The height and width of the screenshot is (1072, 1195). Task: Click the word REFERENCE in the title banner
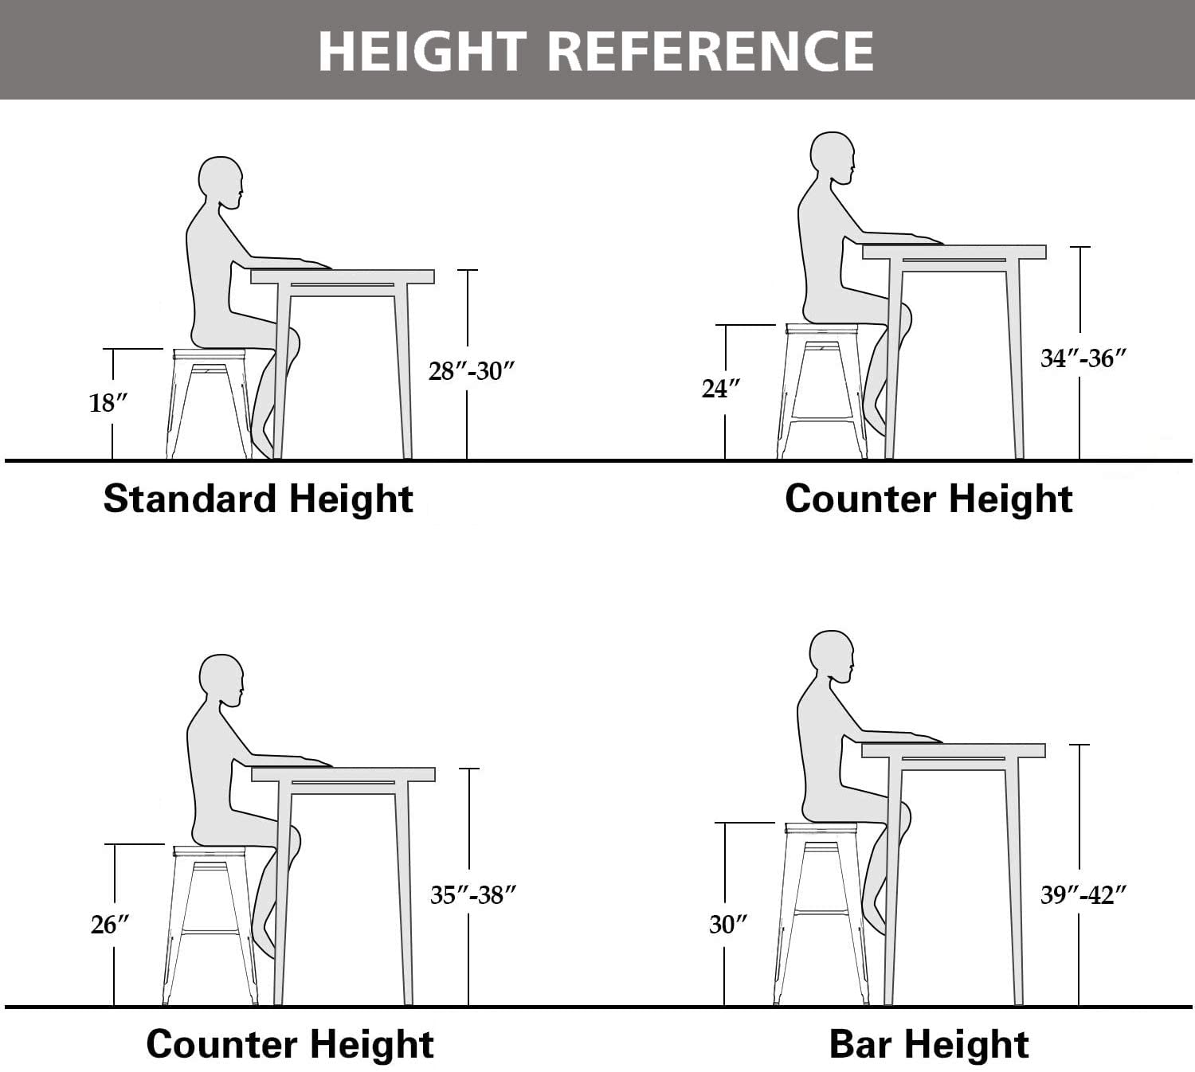711,51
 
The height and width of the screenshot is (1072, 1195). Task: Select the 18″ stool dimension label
108,403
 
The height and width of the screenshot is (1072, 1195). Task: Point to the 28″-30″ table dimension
472,371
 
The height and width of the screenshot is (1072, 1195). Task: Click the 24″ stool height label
721,389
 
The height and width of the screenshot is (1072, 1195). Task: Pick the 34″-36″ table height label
1083,358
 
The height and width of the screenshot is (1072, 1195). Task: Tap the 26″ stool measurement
110,925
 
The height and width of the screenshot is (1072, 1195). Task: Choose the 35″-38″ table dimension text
473,895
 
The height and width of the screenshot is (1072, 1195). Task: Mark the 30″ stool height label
728,925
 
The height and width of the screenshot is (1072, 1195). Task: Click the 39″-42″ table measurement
1083,895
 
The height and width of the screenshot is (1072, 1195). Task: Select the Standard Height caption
258,499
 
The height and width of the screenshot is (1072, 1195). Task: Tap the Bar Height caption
929,1044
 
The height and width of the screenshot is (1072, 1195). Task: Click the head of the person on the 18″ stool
221,182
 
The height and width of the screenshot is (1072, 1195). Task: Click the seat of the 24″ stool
821,329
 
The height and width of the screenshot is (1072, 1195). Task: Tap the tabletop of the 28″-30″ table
343,276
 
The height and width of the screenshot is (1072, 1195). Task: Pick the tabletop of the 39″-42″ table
953,750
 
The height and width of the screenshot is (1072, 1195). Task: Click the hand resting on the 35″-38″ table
315,761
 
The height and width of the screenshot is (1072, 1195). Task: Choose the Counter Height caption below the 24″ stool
928,499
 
